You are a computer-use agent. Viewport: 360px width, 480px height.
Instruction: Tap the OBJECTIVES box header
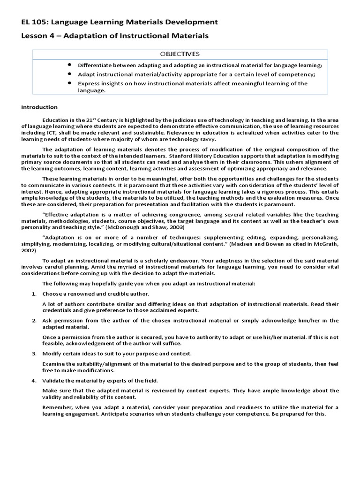pyautogui.click(x=181, y=53)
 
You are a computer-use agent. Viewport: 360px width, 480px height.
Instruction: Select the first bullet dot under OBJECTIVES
pyautogui.click(x=69, y=64)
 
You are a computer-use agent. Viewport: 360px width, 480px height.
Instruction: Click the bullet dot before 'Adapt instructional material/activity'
pyautogui.click(x=69, y=74)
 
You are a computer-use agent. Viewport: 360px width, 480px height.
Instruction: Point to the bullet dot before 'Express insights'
pyautogui.click(x=69, y=83)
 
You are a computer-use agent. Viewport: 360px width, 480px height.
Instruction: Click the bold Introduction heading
pyautogui.click(x=39, y=107)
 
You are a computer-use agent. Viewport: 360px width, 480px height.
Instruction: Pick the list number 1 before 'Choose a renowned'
pyautogui.click(x=34, y=293)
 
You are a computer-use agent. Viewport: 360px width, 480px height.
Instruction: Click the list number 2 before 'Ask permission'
pyautogui.click(x=34, y=320)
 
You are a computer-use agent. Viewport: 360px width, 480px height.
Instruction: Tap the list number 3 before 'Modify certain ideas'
pyautogui.click(x=34, y=353)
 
